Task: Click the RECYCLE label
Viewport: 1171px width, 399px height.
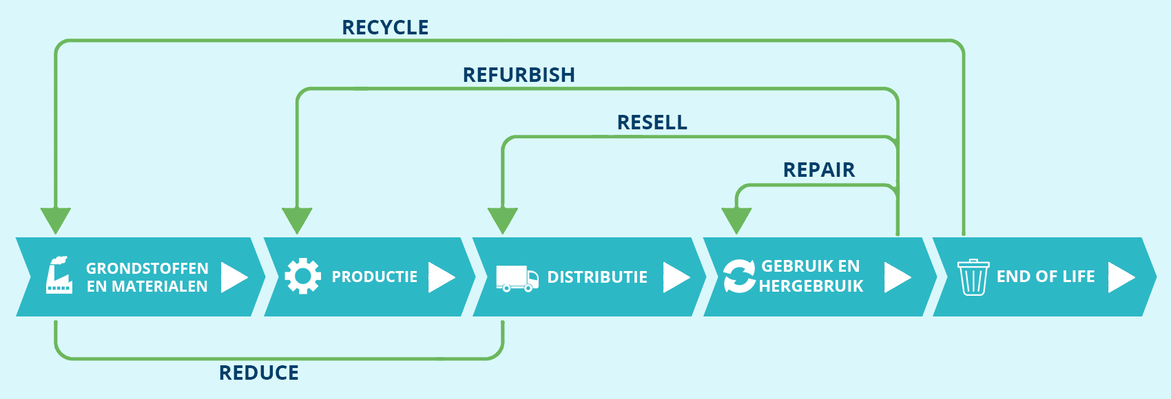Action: click(x=385, y=28)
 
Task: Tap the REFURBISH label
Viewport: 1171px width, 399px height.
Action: click(x=519, y=75)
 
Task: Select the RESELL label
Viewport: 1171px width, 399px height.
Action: click(x=652, y=122)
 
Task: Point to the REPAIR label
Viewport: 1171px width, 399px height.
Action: click(x=818, y=170)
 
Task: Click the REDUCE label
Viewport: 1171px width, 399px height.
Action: click(x=259, y=373)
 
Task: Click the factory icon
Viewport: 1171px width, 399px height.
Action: click(x=59, y=276)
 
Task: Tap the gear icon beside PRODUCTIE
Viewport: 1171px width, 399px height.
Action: click(x=302, y=277)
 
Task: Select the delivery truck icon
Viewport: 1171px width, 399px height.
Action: click(x=517, y=278)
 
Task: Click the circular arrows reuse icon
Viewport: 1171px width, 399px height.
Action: click(x=739, y=277)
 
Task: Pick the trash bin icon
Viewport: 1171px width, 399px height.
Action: click(x=973, y=277)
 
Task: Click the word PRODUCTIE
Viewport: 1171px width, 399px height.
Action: click(x=375, y=277)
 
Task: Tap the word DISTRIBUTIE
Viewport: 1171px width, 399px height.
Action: click(x=597, y=277)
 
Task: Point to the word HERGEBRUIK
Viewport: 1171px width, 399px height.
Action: click(x=811, y=286)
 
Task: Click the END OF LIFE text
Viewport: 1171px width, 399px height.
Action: click(x=1046, y=277)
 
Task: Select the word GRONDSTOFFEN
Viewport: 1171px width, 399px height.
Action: click(x=147, y=268)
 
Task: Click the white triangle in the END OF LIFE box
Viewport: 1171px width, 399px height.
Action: click(x=1120, y=277)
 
